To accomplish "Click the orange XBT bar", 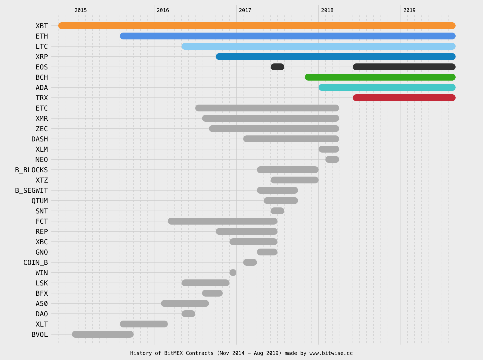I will tap(257, 26).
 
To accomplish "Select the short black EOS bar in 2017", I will tap(277, 67).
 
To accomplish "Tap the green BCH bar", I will tap(380, 77).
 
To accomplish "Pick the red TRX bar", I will tap(404, 98).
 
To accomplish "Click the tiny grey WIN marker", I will tap(233, 273).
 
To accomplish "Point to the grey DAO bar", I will tap(188, 314).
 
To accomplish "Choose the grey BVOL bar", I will tap(103, 334).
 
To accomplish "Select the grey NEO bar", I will tap(332, 159).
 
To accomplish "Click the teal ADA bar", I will tap(387, 87).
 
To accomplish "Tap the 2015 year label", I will tap(80, 10).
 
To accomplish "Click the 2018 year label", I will tap(327, 10).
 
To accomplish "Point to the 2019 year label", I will tap(409, 10).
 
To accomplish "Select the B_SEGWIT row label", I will tap(31, 191).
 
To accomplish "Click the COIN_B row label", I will tap(35, 263).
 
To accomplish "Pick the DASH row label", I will tap(40, 139).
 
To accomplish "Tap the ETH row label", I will tap(42, 36).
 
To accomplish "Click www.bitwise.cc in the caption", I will tap(331, 353).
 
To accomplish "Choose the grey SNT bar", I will tap(277, 211).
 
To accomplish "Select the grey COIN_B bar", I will tap(250, 262).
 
